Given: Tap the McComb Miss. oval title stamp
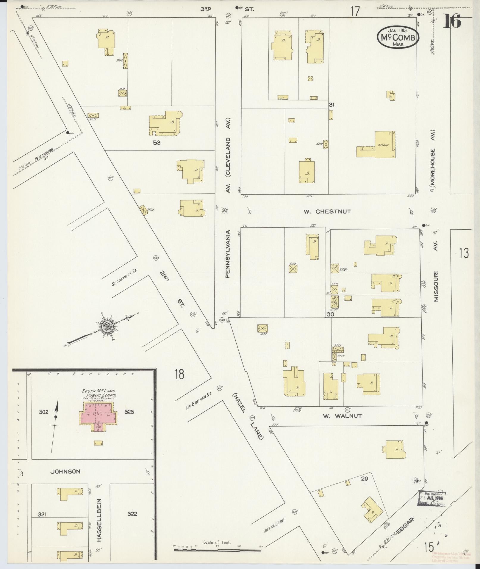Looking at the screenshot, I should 398,37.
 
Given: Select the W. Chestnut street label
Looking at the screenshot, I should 327,211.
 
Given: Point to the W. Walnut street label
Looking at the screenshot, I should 342,416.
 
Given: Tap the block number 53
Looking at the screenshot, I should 157,143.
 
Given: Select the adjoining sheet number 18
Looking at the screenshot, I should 179,374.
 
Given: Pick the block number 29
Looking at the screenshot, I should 365,479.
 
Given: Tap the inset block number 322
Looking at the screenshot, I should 132,514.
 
